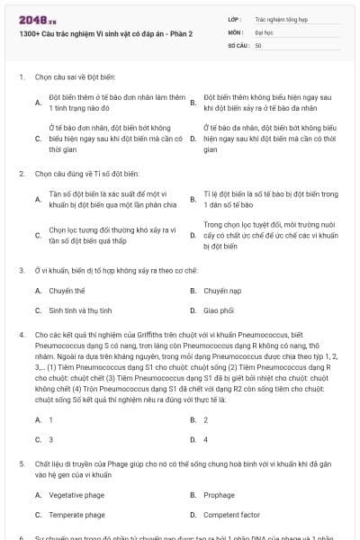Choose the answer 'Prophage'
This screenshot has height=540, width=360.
pos(219,495)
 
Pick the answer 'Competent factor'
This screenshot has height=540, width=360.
pos(229,515)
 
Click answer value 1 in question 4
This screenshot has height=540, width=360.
pos(50,419)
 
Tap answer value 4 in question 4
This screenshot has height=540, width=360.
pos(206,439)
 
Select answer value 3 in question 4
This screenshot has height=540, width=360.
pos(50,439)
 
